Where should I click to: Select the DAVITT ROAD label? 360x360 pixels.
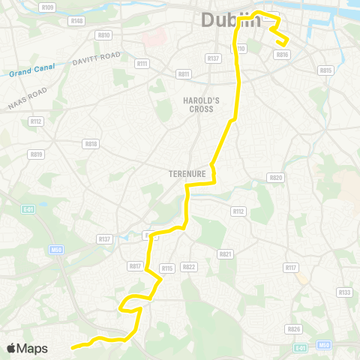pyautogui.click(x=97, y=58)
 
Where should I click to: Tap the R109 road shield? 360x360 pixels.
pyautogui.click(x=48, y=7)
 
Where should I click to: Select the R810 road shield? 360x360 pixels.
pyautogui.click(x=103, y=35)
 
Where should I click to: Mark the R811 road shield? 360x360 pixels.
pyautogui.click(x=184, y=74)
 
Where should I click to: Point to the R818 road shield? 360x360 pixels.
pyautogui.click(x=91, y=143)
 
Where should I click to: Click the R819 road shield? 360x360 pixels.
pyautogui.click(x=36, y=154)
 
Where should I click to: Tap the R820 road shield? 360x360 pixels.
pyautogui.click(x=275, y=178)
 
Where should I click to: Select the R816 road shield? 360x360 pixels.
pyautogui.click(x=282, y=55)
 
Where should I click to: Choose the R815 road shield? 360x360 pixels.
pyautogui.click(x=325, y=70)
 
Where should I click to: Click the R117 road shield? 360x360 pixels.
pyautogui.click(x=291, y=268)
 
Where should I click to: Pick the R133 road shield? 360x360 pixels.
pyautogui.click(x=344, y=292)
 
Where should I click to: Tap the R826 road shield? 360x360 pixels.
pyautogui.click(x=294, y=328)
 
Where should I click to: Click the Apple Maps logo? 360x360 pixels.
pyautogui.click(x=27, y=348)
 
